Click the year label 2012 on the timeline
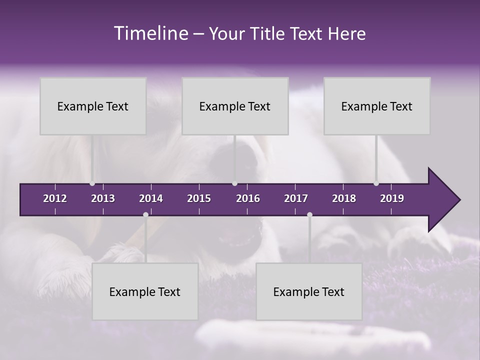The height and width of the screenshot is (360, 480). coord(55,198)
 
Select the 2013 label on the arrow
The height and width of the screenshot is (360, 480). coord(103,198)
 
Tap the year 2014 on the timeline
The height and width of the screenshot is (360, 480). coord(151,198)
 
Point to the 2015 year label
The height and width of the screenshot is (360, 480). coord(199,198)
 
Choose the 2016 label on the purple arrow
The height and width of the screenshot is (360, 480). coord(248,198)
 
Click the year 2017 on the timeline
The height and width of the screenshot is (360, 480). coord(296,198)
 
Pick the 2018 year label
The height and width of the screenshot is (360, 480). coord(344,198)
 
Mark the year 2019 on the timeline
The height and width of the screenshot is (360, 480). coord(392,198)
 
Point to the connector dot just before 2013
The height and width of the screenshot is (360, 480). coord(92,183)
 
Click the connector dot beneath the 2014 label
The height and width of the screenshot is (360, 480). coord(145,215)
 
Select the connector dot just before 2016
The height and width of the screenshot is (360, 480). coord(234,183)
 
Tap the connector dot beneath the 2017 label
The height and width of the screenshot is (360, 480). coord(309,215)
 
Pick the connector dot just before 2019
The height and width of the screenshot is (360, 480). coord(376,183)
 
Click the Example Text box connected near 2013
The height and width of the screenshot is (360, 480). coord(93,106)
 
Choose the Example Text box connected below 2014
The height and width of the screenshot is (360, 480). coord(145,291)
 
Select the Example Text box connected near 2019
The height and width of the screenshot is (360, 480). coord(377,106)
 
